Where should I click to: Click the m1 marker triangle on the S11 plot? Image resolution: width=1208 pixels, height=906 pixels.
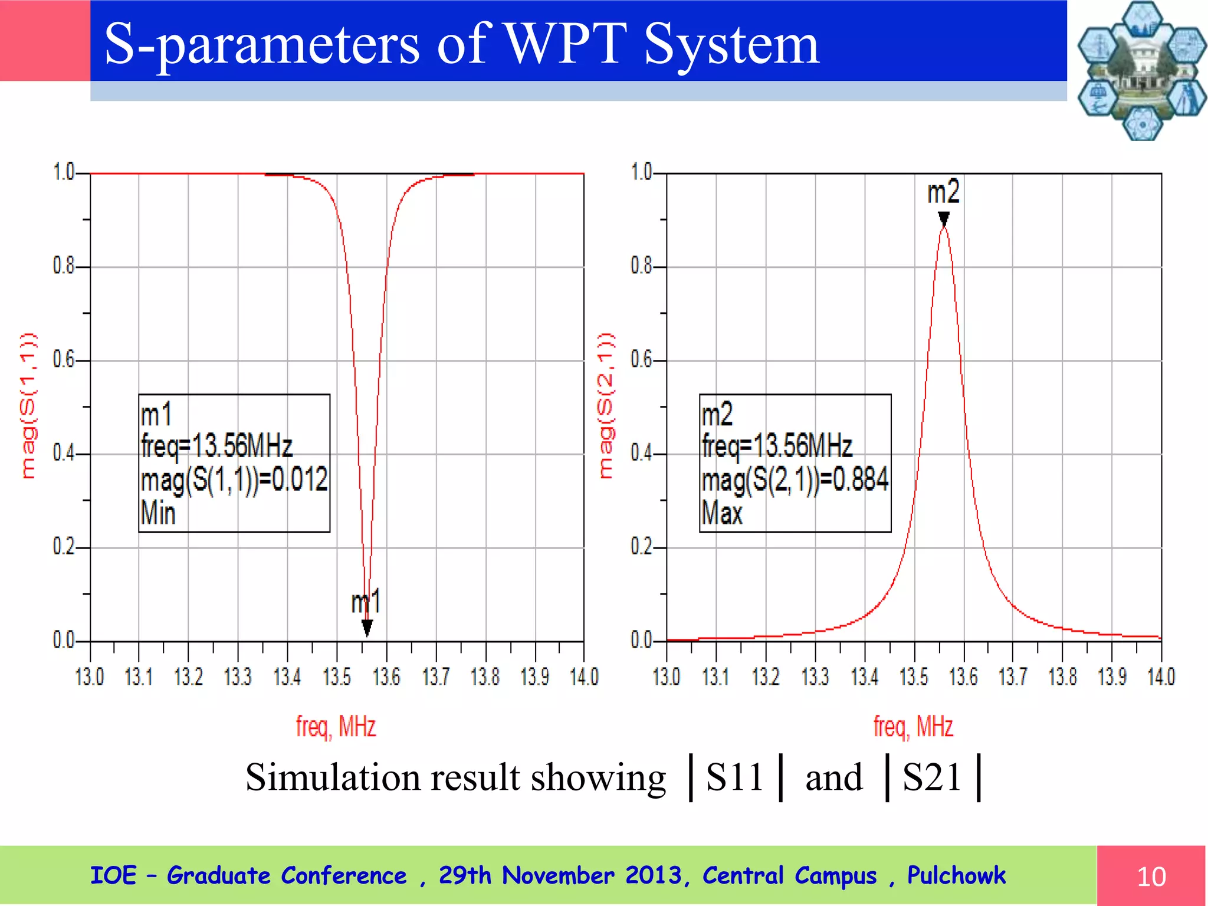pyautogui.click(x=367, y=628)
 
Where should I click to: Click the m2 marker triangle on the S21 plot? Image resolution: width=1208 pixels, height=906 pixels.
pyautogui.click(x=944, y=219)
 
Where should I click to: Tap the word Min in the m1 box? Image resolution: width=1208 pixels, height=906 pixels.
pyautogui.click(x=158, y=513)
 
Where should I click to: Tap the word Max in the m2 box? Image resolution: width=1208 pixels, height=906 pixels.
pyautogui.click(x=722, y=513)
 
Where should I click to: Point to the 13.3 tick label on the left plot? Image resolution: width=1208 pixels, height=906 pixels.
pyautogui.click(x=238, y=677)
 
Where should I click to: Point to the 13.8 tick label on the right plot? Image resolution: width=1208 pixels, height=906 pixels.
pyautogui.click(x=1062, y=677)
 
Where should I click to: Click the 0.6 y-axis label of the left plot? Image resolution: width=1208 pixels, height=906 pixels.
pyautogui.click(x=64, y=359)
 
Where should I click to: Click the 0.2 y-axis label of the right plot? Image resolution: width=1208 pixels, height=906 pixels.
pyautogui.click(x=641, y=547)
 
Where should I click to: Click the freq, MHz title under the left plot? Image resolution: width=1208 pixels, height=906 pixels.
pyautogui.click(x=336, y=727)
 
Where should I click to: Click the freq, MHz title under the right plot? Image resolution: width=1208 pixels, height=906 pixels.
pyautogui.click(x=913, y=727)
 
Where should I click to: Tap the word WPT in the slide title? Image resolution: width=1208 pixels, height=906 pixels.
pyautogui.click(x=566, y=44)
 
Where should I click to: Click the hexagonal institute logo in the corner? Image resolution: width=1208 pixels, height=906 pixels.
pyautogui.click(x=1142, y=71)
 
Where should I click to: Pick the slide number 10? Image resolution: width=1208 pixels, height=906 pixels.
pyautogui.click(x=1151, y=877)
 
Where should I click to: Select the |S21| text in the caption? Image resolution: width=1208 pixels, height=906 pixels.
pyautogui.click(x=932, y=777)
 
